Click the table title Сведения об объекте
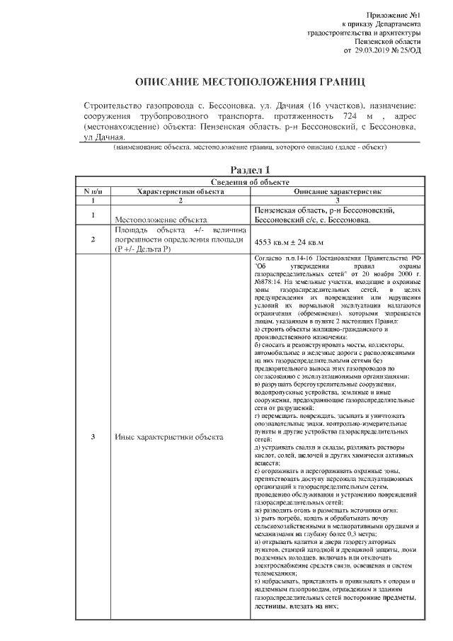pos(251,183)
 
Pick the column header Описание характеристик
pos(338,191)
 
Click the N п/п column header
pos(93,191)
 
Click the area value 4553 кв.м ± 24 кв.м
pos(293,241)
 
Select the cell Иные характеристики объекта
pos(168,436)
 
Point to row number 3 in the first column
pos(93,436)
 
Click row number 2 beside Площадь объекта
pos(93,239)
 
